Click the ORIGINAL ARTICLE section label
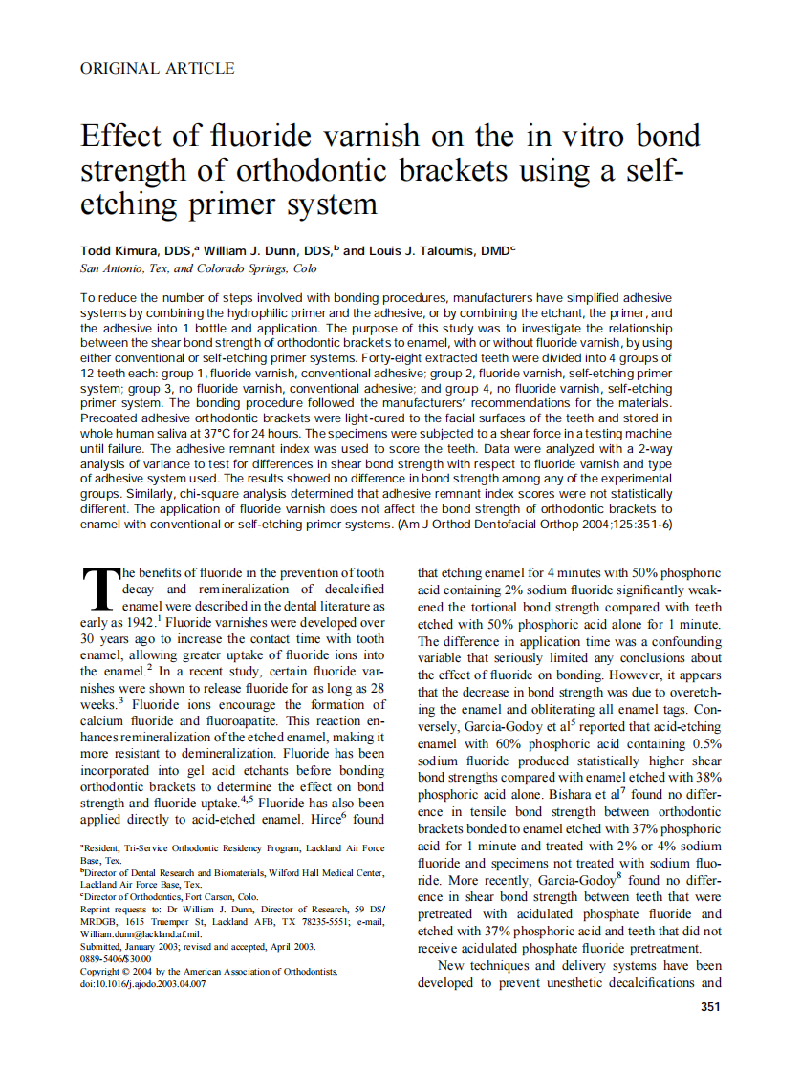[157, 68]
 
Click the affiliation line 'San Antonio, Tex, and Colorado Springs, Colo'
[199, 269]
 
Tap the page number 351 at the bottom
[710, 1006]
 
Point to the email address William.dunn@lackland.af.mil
[141, 933]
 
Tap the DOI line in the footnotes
[142, 983]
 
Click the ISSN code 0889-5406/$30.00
[116, 958]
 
